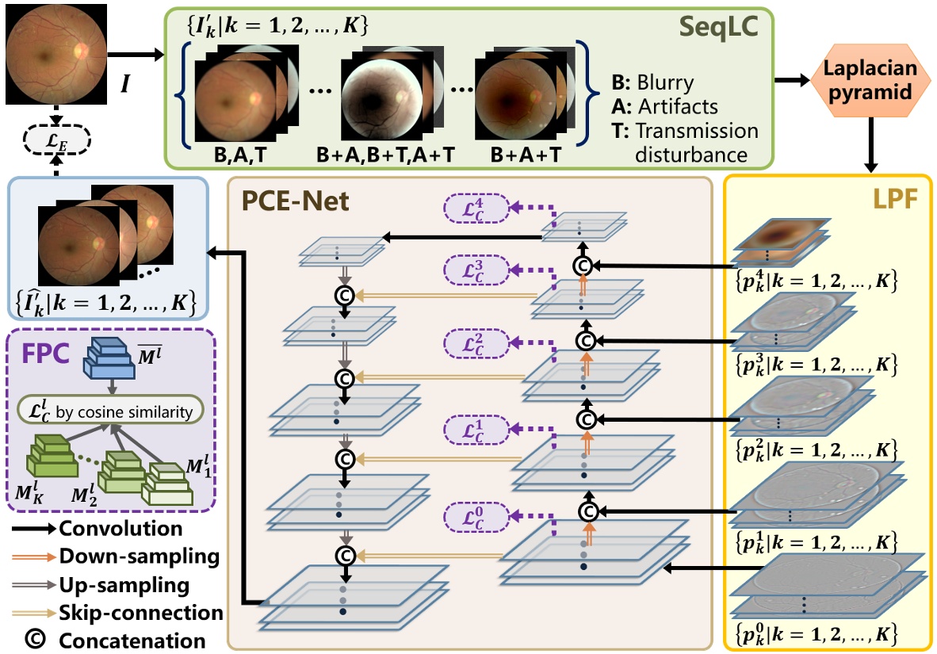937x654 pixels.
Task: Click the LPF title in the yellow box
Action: [x=896, y=197]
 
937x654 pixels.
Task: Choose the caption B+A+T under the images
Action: [x=522, y=156]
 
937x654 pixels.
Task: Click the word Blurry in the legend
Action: [x=665, y=83]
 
